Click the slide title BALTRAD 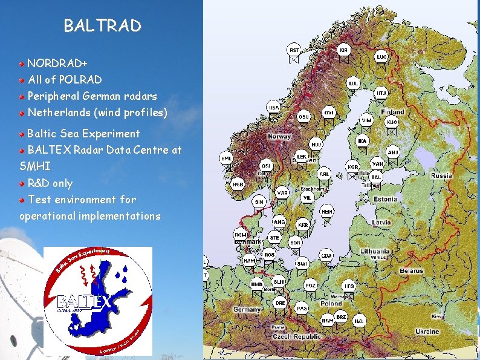pyautogui.click(x=102, y=26)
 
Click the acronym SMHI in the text pyautogui.click(x=35, y=165)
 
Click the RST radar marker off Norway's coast pyautogui.click(x=293, y=50)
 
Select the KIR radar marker pyautogui.click(x=343, y=50)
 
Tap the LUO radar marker pyautogui.click(x=381, y=57)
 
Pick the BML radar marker pyautogui.click(x=227, y=159)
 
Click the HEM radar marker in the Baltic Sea pyautogui.click(x=326, y=212)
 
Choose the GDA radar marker pyautogui.click(x=326, y=255)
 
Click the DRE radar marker pyautogui.click(x=280, y=302)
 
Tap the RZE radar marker pyautogui.click(x=359, y=320)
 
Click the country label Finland pyautogui.click(x=392, y=112)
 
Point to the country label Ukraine pyautogui.click(x=427, y=332)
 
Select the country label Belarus pyautogui.click(x=411, y=270)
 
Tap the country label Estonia pyautogui.click(x=385, y=199)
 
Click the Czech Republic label pyautogui.click(x=296, y=336)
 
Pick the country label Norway pyautogui.click(x=279, y=136)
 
